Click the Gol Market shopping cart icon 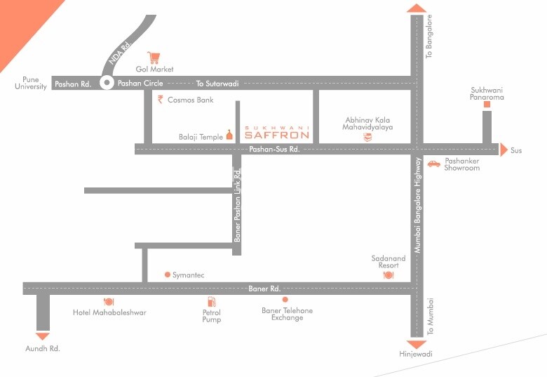point(154,58)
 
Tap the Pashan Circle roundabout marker point(107,83)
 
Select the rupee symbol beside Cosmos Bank point(161,100)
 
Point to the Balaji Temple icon point(229,135)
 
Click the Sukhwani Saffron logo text point(276,133)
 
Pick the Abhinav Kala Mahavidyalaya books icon point(367,138)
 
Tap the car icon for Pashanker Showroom point(434,163)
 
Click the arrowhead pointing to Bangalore point(417,8)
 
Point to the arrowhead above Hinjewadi point(417,344)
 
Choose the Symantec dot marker point(167,275)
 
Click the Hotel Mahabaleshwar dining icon point(109,302)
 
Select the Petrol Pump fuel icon point(211,302)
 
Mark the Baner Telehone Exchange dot point(285,300)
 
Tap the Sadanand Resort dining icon point(388,275)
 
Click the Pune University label point(31,83)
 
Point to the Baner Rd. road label point(264,289)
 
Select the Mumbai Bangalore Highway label point(417,205)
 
